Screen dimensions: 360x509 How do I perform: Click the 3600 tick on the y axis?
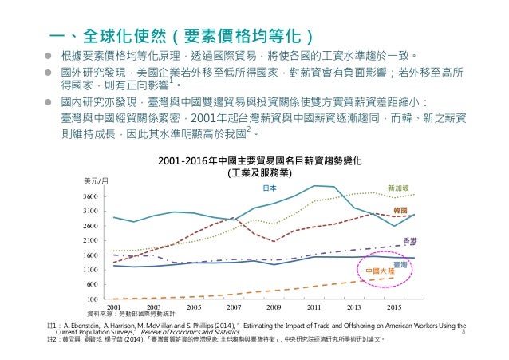pos(90,196)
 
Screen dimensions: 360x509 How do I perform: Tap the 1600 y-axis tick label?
pos(90,255)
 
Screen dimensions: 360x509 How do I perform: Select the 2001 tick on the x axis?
pos(114,307)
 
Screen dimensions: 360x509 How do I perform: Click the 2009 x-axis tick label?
pos(274,307)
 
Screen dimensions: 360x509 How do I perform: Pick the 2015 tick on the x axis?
pos(394,307)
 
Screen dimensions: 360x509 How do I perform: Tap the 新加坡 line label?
pos(398,188)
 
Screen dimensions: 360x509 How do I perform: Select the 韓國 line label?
pos(400,209)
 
